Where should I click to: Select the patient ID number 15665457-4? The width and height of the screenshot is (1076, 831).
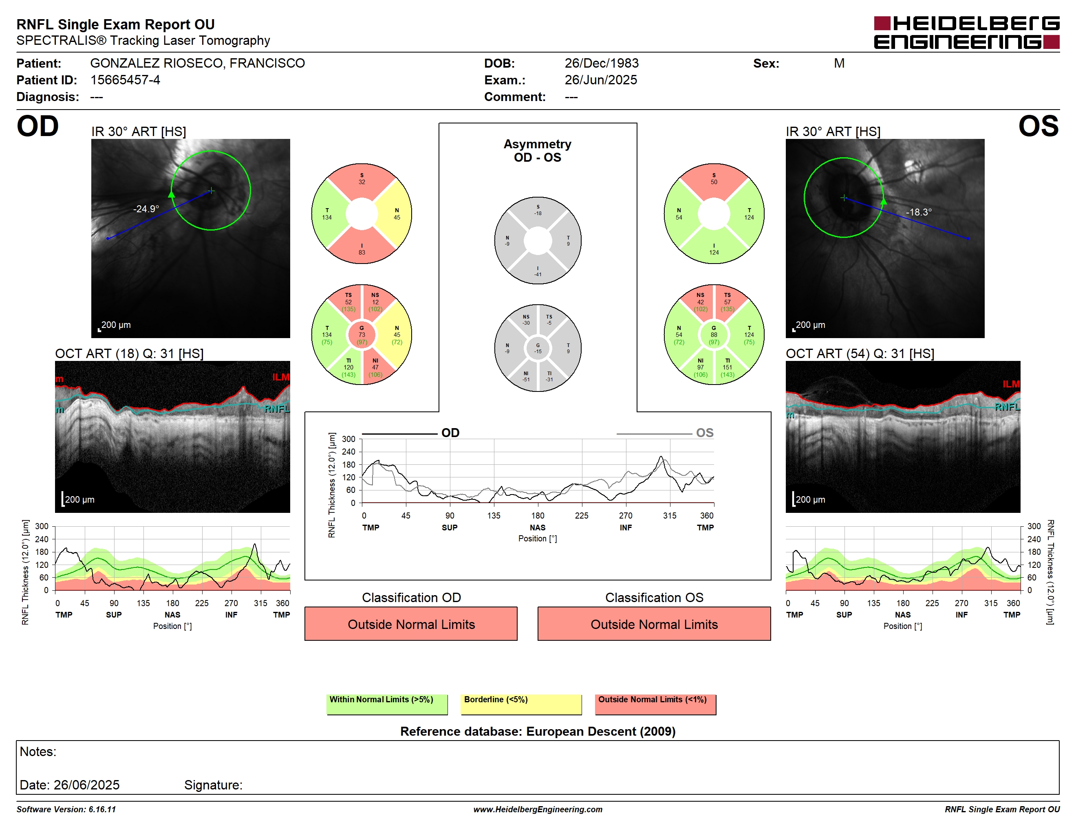pyautogui.click(x=125, y=80)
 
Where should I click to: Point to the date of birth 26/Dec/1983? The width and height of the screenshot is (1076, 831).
pyautogui.click(x=602, y=63)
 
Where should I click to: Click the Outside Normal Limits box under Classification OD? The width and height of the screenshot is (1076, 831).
pyautogui.click(x=411, y=624)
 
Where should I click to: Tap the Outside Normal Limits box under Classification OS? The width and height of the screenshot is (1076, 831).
pyautogui.click(x=654, y=624)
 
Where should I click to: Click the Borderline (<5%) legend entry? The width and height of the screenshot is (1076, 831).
pyautogui.click(x=521, y=704)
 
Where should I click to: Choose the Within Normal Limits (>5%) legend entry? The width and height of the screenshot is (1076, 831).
pyautogui.click(x=387, y=704)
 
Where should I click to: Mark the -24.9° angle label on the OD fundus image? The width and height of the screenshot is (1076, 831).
pyautogui.click(x=146, y=209)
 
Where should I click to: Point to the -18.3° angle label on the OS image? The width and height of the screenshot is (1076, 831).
pyautogui.click(x=918, y=212)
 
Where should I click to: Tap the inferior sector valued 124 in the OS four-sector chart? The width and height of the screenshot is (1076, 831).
pyautogui.click(x=714, y=248)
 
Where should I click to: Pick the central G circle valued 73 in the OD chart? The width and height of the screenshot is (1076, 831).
pyautogui.click(x=362, y=335)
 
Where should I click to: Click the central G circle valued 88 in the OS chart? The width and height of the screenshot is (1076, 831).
pyautogui.click(x=714, y=335)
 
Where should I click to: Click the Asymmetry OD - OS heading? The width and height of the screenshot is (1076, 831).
pyautogui.click(x=538, y=151)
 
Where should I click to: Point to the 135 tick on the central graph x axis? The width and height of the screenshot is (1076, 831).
pyautogui.click(x=494, y=515)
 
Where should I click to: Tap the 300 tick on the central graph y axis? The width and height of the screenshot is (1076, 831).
pyautogui.click(x=348, y=439)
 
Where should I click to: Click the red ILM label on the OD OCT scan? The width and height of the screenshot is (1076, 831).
pyautogui.click(x=281, y=377)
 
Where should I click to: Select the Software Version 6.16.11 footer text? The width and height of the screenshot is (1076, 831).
pyautogui.click(x=66, y=809)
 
